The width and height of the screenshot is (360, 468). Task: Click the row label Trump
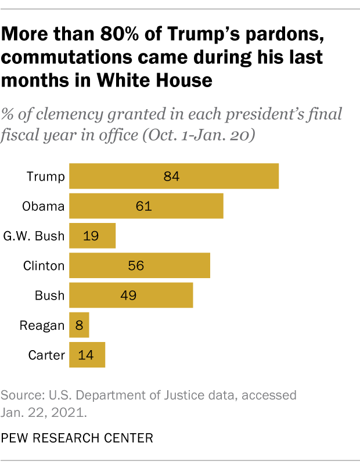(x=46, y=176)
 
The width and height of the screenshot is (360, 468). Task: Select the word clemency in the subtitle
(x=84, y=113)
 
